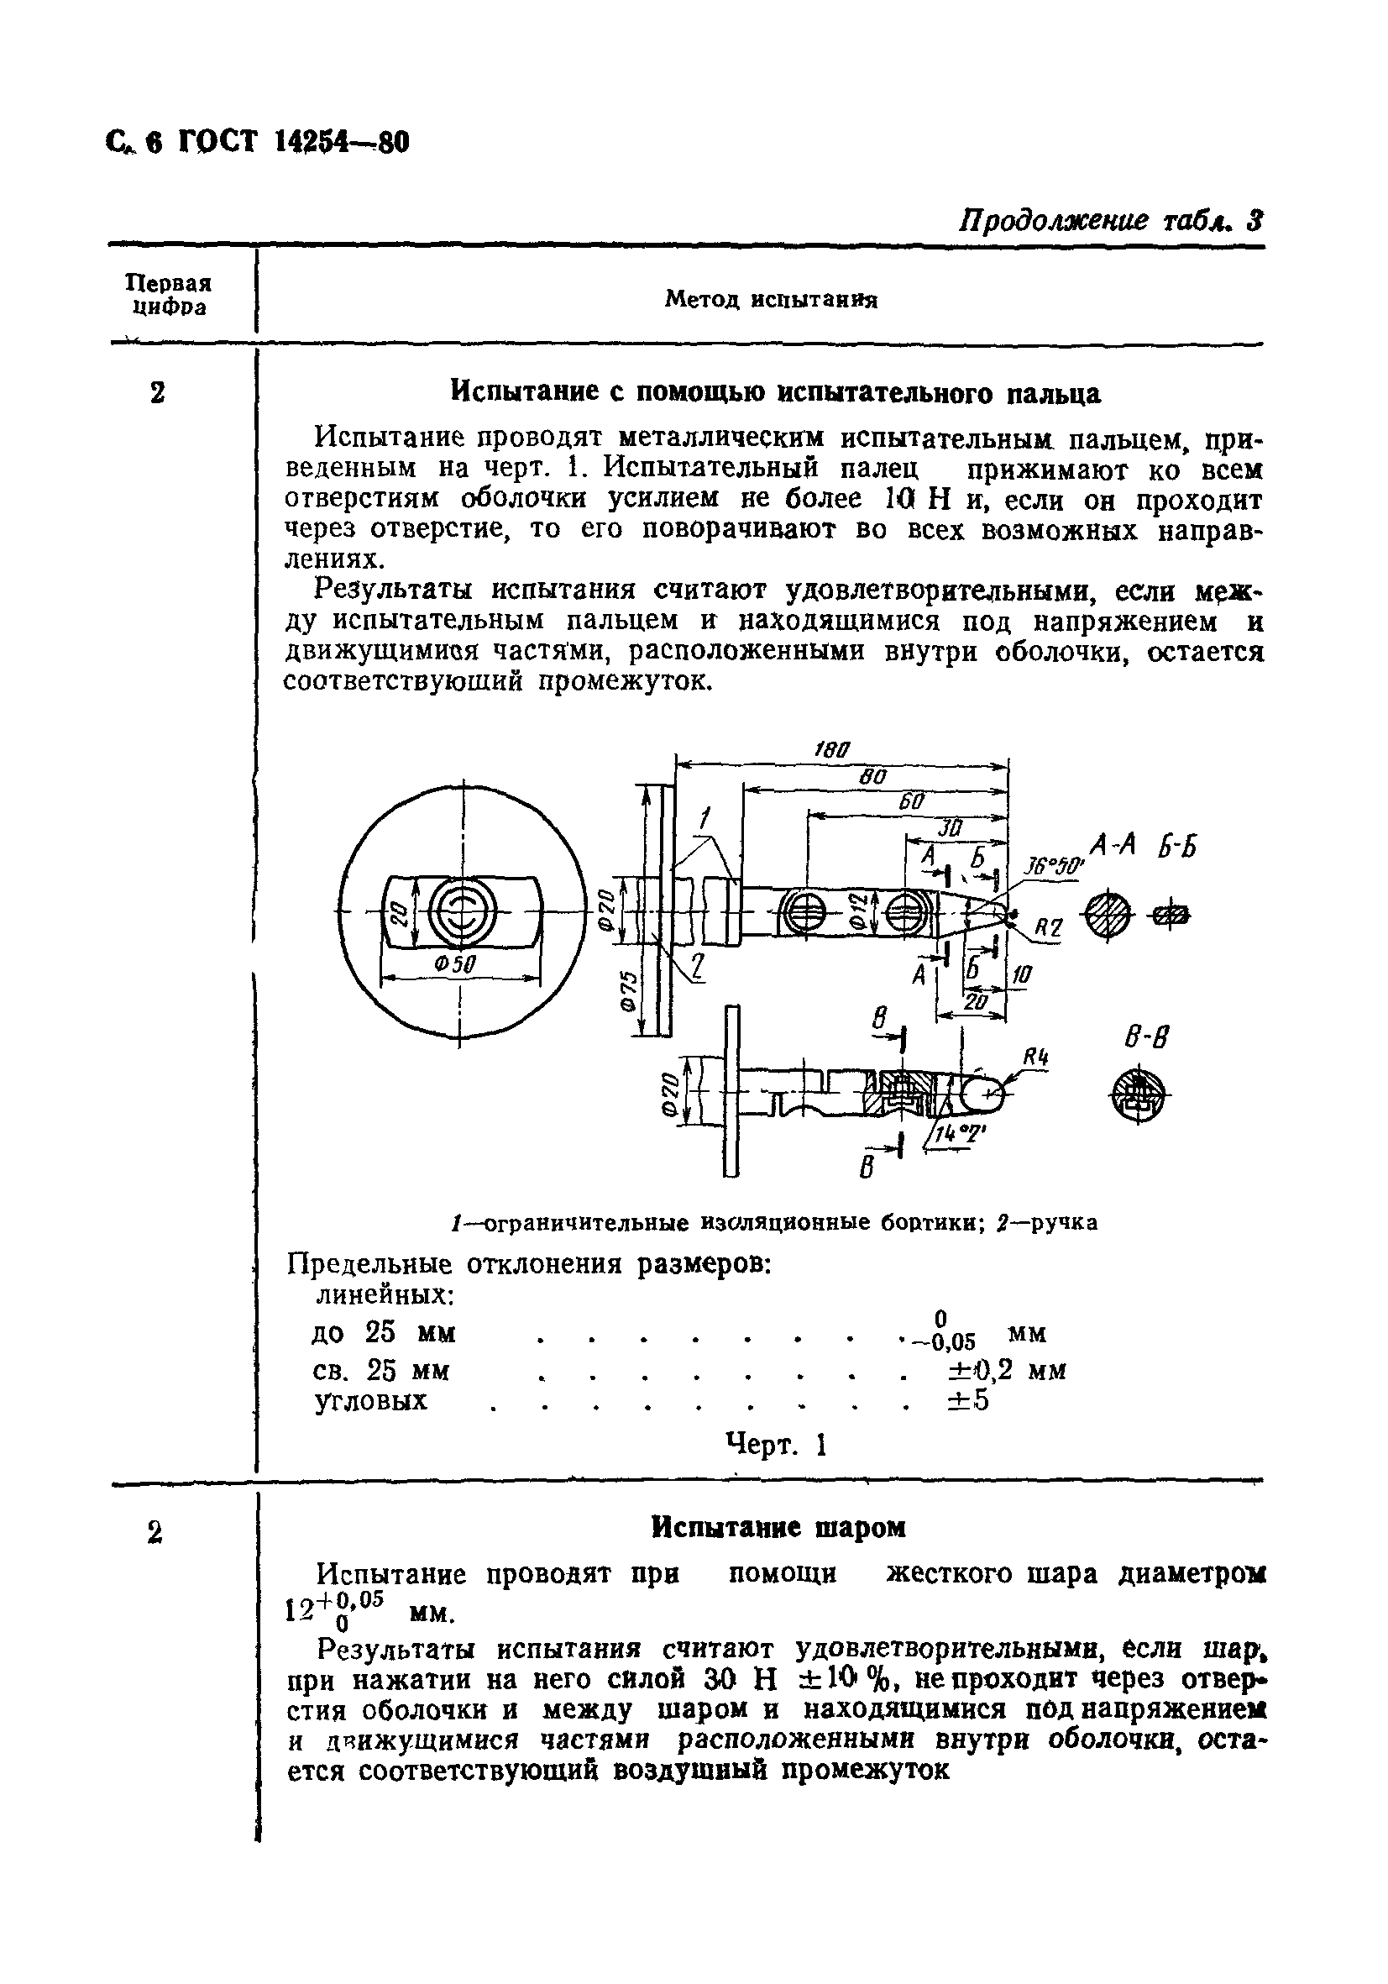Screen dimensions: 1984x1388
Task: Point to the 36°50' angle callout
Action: pyautogui.click(x=1054, y=867)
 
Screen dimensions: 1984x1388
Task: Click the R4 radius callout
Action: pyautogui.click(x=1035, y=1056)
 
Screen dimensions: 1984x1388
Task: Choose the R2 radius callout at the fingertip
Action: pyautogui.click(x=1048, y=929)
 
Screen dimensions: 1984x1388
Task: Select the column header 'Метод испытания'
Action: pyautogui.click(x=771, y=300)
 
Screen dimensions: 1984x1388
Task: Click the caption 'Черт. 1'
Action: pyautogui.click(x=777, y=1445)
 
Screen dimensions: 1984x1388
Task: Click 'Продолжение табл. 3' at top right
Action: pyautogui.click(x=1111, y=220)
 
